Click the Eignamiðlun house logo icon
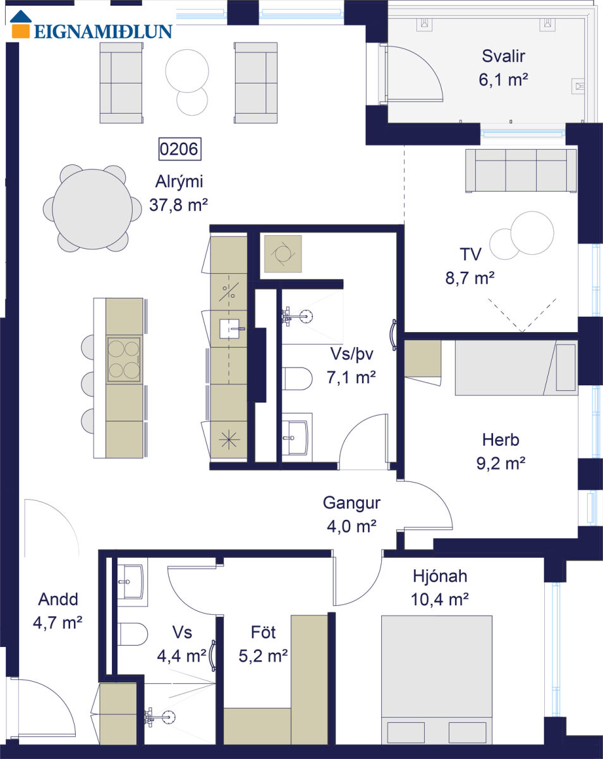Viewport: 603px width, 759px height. click(x=21, y=24)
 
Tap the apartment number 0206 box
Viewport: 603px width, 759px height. click(x=180, y=149)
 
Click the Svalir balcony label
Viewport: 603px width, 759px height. click(x=503, y=56)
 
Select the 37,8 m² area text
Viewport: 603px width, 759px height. click(x=178, y=205)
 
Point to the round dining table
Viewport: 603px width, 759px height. click(x=92, y=209)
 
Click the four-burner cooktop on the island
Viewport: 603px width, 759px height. click(x=124, y=359)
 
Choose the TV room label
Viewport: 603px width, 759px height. click(x=470, y=254)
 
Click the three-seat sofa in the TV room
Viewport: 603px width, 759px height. click(x=521, y=171)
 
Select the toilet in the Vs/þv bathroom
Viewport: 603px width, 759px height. click(x=296, y=378)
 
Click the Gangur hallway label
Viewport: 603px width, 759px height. click(x=351, y=503)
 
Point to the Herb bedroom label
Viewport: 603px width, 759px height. click(x=501, y=440)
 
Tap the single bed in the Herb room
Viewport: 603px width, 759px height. click(x=516, y=367)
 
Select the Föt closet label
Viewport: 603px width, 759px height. click(x=263, y=632)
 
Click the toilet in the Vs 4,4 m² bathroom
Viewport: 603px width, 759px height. click(x=132, y=634)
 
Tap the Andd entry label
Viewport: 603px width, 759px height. click(x=58, y=599)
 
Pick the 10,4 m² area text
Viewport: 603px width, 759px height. click(x=439, y=599)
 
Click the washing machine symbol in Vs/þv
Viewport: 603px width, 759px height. click(x=283, y=254)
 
